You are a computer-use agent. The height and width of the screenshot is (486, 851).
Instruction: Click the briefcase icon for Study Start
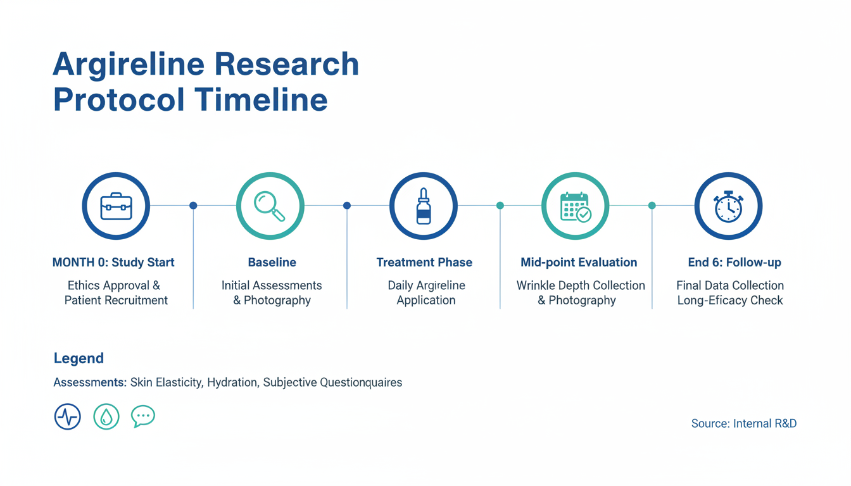(x=117, y=206)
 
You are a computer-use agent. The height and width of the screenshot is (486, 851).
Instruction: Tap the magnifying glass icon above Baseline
(x=269, y=206)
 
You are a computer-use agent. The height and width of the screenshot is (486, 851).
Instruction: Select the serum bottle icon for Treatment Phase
(x=424, y=206)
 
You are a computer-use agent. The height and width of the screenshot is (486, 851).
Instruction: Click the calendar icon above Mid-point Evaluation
(x=576, y=206)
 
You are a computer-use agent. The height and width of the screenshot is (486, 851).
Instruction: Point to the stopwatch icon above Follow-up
(x=728, y=206)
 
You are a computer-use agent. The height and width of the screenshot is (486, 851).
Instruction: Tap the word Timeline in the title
(x=261, y=99)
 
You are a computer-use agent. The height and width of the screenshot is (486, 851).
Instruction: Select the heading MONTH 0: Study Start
(x=113, y=263)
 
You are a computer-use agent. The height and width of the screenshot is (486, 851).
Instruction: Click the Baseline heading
(x=272, y=263)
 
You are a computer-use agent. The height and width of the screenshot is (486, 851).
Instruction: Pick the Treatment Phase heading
(x=424, y=263)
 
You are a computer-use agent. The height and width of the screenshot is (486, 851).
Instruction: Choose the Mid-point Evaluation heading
(x=579, y=263)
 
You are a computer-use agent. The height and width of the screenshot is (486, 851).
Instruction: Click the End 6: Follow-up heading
(x=734, y=263)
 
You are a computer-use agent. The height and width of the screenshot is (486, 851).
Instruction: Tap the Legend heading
(x=79, y=358)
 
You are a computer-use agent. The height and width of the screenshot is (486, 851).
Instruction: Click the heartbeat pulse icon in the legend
(x=68, y=416)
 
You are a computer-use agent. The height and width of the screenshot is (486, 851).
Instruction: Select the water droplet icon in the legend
(x=106, y=416)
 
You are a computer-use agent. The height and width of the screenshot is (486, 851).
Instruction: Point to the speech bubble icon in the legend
(x=143, y=416)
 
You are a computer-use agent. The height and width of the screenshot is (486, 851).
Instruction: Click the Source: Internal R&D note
(x=744, y=423)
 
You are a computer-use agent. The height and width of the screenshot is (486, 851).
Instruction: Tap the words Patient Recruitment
(x=116, y=301)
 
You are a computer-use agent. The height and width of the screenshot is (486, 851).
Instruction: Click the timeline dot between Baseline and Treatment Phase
(x=347, y=206)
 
